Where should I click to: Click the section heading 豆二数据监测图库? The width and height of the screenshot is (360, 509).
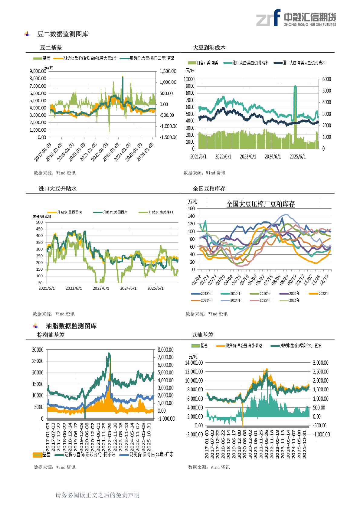coord(63,34)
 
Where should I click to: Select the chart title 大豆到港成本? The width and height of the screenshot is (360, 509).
coord(209,48)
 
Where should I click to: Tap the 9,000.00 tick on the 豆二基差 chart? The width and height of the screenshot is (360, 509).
coord(38,71)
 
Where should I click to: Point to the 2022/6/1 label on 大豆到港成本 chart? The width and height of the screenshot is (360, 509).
coord(223,157)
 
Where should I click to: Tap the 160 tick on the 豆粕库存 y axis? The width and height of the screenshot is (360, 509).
coord(191,208)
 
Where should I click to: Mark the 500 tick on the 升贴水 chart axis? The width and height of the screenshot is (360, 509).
coord(39,222)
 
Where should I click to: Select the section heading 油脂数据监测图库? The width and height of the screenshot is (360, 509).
coord(71,326)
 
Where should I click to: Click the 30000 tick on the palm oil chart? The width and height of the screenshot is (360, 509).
coord(38,350)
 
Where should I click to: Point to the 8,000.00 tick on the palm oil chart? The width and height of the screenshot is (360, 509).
coord(165,350)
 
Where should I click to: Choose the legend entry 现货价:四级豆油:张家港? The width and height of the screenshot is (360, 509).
coord(244,345)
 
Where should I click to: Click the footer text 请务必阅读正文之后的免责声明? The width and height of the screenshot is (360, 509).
coord(98,495)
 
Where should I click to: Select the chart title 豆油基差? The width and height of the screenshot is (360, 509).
coord(202,335)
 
